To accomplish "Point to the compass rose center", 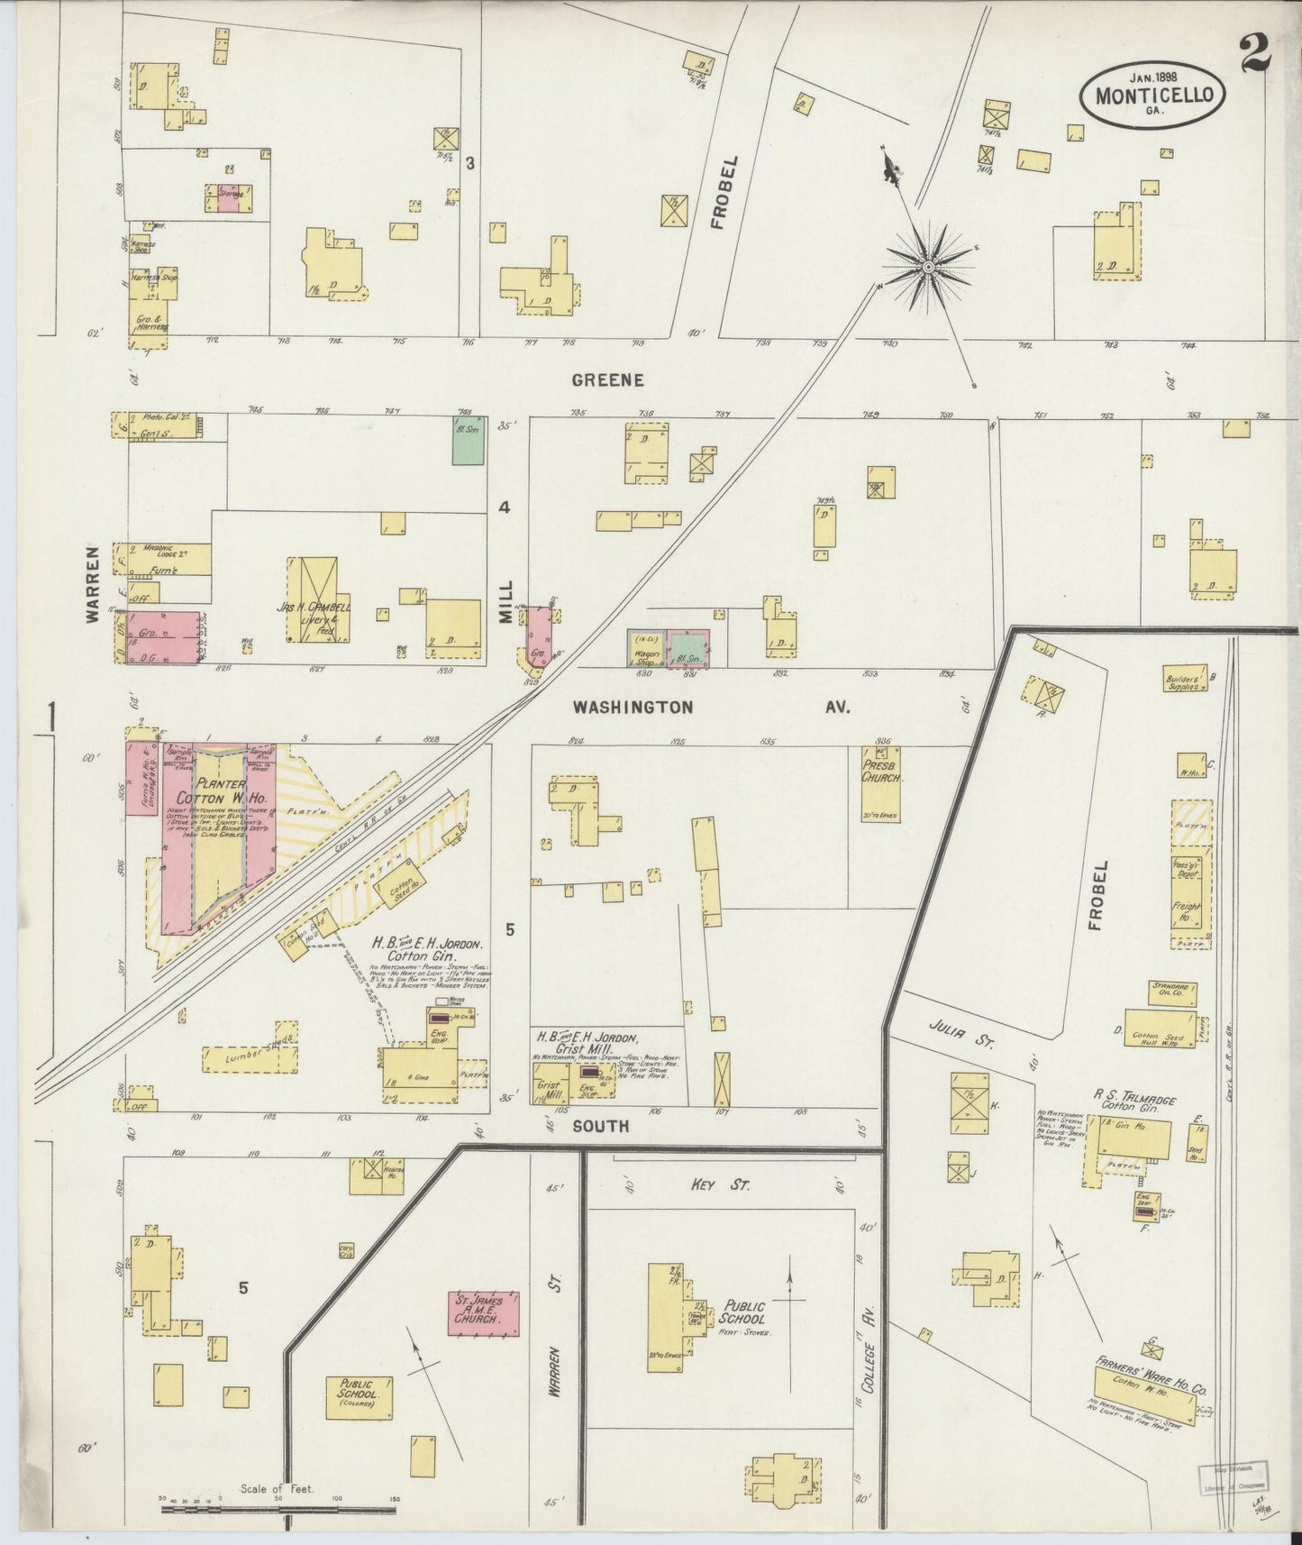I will pos(928,266).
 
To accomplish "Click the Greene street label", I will pos(608,380).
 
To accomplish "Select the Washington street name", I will pos(633,708).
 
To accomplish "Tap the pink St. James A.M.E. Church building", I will pos(484,1312).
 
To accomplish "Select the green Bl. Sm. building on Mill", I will pos(469,440).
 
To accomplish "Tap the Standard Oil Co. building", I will pos(1172,992).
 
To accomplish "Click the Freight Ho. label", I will pos(1188,912).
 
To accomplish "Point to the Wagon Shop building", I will pos(646,649).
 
